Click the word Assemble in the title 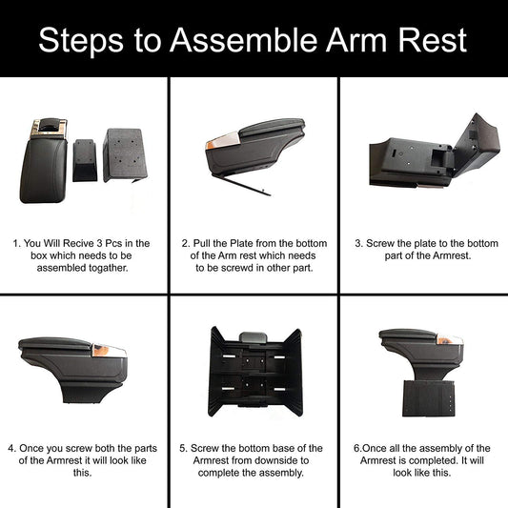click(x=243, y=40)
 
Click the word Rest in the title click(x=432, y=40)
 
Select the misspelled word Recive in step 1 click(x=78, y=243)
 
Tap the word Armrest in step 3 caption click(x=452, y=255)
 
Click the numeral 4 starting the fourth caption click(x=11, y=448)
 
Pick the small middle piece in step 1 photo click(x=85, y=160)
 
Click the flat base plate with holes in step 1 click(x=125, y=154)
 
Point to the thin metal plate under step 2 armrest click(x=241, y=185)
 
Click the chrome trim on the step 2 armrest click(x=222, y=141)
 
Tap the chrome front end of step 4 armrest click(x=109, y=351)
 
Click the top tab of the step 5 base click(x=253, y=337)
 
